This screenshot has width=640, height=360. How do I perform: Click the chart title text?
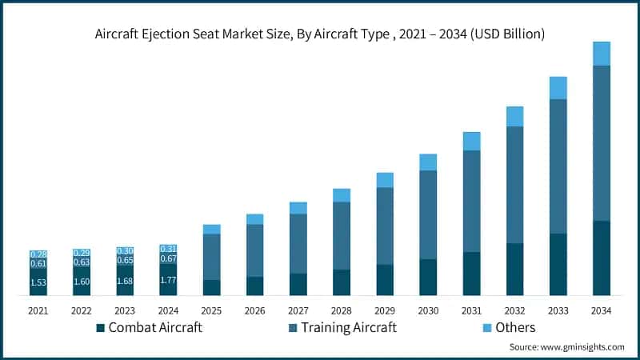320,34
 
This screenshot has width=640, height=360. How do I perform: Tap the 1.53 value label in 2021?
38,282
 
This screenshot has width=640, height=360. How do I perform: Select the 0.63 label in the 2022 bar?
82,262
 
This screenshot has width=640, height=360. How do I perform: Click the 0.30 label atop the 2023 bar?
125,251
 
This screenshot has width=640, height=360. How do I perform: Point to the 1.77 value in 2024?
168,280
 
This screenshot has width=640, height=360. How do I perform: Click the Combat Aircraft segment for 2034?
602,258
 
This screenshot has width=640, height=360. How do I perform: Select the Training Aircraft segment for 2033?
558,166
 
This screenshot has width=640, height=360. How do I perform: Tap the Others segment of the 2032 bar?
515,117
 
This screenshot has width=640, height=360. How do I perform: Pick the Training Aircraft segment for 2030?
428,214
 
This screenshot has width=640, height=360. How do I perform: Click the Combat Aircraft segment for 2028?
342,282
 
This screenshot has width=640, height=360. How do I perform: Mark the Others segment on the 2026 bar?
255,219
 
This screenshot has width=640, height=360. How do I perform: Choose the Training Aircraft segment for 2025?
212,257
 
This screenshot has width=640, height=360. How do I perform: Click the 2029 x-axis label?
385,310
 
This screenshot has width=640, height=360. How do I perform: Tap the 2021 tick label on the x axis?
38,310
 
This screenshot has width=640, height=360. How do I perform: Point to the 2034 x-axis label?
602,310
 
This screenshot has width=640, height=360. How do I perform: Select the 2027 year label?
298,310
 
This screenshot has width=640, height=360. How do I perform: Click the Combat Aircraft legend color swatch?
100,328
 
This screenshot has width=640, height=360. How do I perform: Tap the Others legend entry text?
514,328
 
